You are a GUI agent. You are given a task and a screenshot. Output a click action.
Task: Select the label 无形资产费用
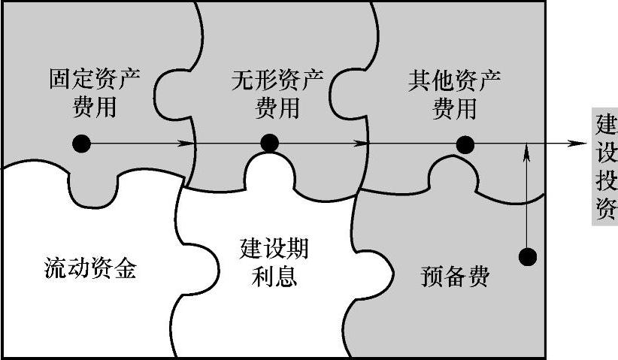pos(277,94)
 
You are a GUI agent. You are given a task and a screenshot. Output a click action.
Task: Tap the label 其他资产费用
pos(455,94)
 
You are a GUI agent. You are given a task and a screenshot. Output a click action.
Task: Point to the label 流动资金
pos(89,268)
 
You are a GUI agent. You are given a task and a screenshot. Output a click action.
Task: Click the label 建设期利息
pos(274,262)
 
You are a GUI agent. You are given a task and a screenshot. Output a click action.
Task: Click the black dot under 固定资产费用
pos(83,144)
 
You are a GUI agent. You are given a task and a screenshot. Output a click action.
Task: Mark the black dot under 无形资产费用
pos(270,144)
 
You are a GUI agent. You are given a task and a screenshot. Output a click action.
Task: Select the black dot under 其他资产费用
pos(465,144)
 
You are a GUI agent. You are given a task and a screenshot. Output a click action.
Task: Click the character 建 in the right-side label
pos(606,123)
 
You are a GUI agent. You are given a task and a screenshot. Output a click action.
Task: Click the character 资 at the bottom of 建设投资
pos(606,210)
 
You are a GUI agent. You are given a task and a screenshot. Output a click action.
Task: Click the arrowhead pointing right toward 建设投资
pos(578,144)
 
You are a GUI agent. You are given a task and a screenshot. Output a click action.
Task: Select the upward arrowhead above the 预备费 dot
pos(529,151)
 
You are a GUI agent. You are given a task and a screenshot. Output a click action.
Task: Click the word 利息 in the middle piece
pos(274,277)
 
